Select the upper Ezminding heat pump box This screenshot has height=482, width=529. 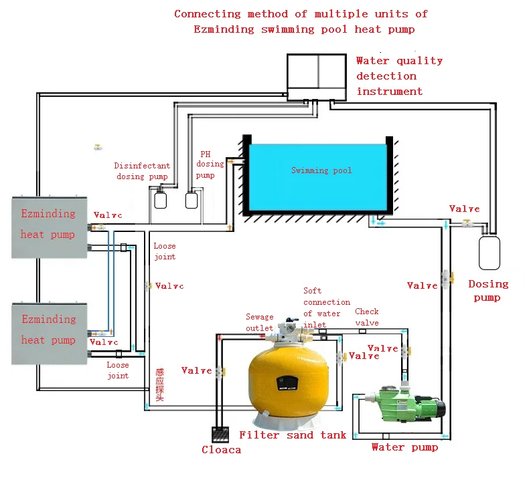click(x=50, y=227)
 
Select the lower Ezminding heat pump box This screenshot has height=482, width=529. click(x=50, y=333)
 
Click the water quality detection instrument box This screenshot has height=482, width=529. click(x=318, y=76)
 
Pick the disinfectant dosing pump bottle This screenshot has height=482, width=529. click(x=160, y=200)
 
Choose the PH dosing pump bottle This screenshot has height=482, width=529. click(x=192, y=200)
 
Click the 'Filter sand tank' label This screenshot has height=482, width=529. click(x=293, y=435)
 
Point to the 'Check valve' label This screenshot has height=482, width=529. click(x=367, y=317)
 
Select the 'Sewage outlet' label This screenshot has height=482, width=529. click(x=259, y=322)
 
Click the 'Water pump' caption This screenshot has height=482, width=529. click(x=404, y=447)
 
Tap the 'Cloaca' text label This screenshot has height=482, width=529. click(x=221, y=450)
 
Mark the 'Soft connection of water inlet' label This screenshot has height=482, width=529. click(x=326, y=308)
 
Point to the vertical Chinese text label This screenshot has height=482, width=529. click(x=159, y=386)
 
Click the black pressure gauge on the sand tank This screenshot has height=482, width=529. click(x=286, y=382)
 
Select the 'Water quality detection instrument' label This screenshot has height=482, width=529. click(x=399, y=76)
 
